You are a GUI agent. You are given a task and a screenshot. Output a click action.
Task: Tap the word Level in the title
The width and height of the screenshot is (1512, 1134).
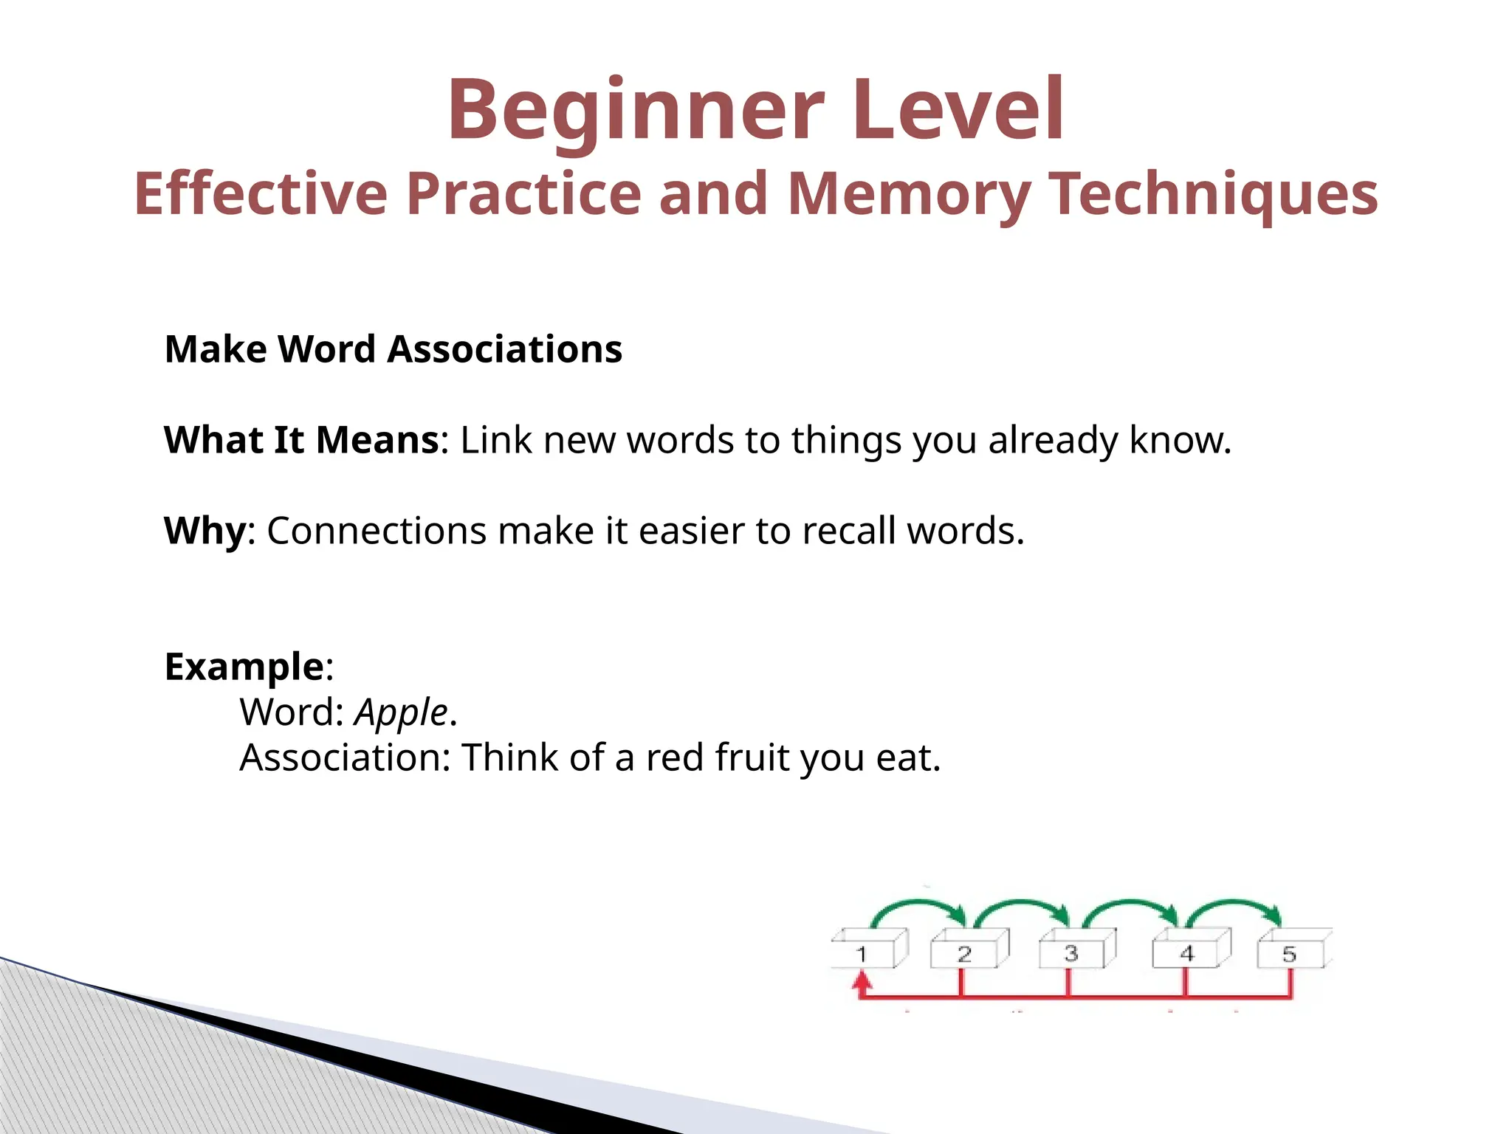(958, 111)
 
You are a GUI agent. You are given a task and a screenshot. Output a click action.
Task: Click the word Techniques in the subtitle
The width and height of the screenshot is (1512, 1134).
(1213, 194)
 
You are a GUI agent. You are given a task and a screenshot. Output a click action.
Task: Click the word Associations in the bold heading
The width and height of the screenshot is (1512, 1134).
(505, 349)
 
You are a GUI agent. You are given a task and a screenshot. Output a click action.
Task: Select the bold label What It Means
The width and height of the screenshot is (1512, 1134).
(302, 440)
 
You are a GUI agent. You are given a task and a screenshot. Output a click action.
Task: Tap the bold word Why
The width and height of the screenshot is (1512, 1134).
(205, 531)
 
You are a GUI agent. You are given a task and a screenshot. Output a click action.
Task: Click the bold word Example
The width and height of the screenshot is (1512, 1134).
(244, 667)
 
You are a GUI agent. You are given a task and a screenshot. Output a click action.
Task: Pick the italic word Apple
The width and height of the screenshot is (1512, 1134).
(401, 713)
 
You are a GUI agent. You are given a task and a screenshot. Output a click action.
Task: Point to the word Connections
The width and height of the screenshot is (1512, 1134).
(377, 531)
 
